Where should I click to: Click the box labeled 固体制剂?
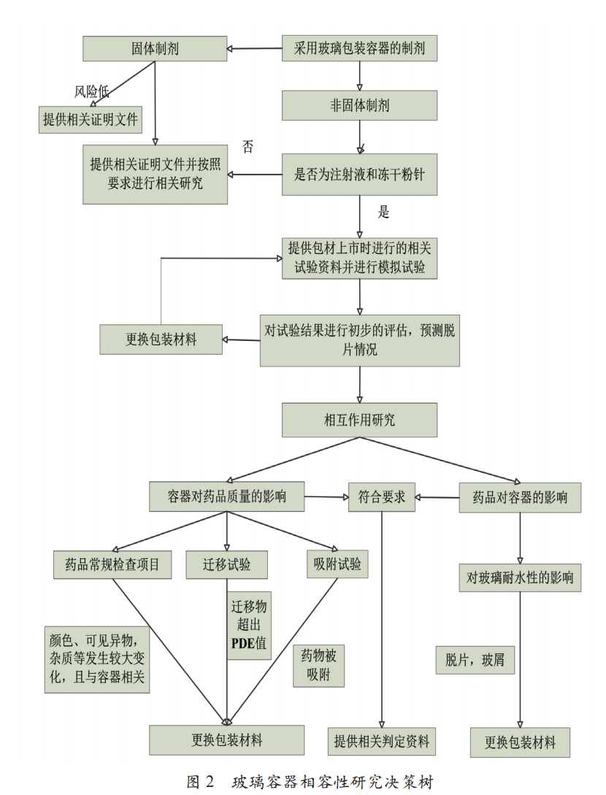pos(155,49)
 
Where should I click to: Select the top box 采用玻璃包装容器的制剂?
pos(360,49)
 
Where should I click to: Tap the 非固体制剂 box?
pos(360,105)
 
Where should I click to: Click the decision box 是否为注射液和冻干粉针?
pos(360,174)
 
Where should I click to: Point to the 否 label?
pos(248,147)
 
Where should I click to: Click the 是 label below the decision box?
pos(384,213)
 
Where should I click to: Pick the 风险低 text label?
pos(92,91)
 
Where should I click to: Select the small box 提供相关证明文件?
pos(91,119)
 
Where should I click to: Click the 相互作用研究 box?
pos(360,420)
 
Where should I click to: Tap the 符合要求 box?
pos(381,498)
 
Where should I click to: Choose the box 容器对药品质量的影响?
pos(227,498)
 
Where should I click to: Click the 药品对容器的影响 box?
pos(519,498)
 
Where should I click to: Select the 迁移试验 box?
pos(226,564)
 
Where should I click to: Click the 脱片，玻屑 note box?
pos(475,660)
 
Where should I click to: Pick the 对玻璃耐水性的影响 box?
pos(519,577)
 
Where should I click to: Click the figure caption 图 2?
pos(201,782)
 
